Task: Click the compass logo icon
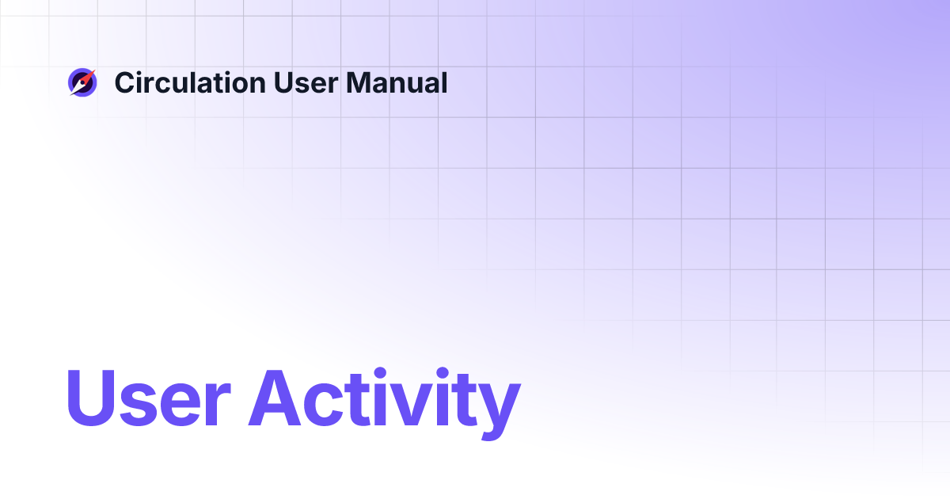coord(82,82)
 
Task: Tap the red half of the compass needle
coord(87,77)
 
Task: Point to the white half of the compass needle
coord(77,88)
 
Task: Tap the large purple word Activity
coord(385,399)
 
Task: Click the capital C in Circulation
coord(123,82)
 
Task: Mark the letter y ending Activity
coord(497,408)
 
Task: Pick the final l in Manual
coord(443,82)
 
